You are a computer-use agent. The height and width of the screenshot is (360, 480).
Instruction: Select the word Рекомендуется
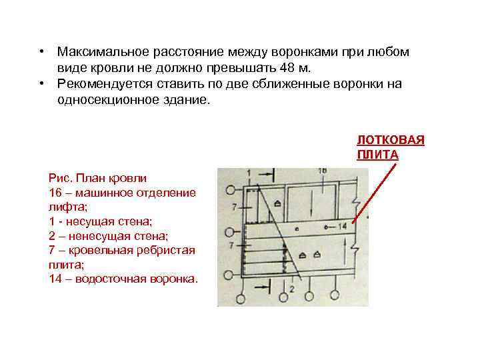(101, 84)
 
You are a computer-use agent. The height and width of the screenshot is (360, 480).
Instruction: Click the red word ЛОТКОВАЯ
(390, 141)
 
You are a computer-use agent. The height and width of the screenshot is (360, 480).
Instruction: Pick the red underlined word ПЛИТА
(377, 155)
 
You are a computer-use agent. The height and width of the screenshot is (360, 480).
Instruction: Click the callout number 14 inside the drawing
(343, 227)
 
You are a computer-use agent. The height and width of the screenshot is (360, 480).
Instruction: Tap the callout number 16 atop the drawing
(322, 171)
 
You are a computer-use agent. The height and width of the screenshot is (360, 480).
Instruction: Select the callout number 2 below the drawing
(291, 289)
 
